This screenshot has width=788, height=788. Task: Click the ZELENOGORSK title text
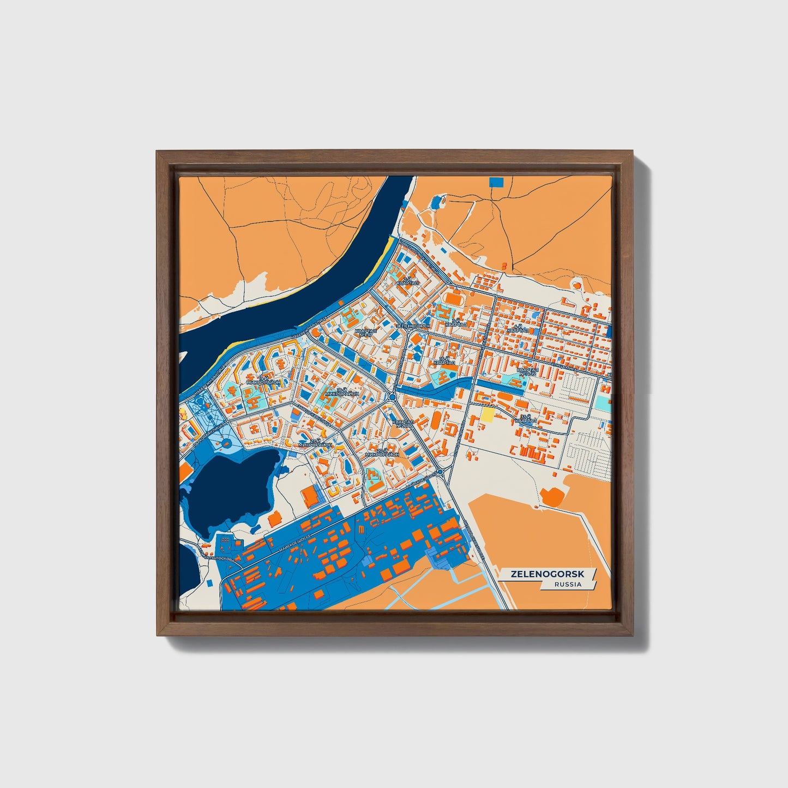[547, 574]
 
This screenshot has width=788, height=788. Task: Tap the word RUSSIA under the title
[568, 584]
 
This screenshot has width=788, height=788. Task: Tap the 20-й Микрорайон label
[382, 452]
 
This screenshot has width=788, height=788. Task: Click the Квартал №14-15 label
[527, 371]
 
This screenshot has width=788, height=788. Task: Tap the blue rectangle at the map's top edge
[496, 182]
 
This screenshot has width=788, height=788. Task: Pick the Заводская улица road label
[314, 418]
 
